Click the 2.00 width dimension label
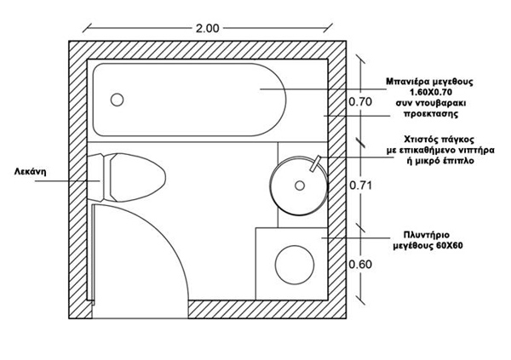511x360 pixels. (208, 28)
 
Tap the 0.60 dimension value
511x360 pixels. (361, 264)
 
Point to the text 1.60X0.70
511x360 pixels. (435, 91)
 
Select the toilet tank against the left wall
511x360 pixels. (95, 179)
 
